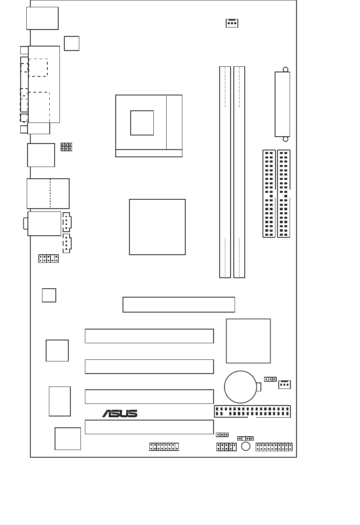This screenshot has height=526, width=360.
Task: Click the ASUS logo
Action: click(120, 413)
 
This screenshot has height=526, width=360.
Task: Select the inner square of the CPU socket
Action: click(142, 123)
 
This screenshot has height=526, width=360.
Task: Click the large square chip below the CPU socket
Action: click(157, 227)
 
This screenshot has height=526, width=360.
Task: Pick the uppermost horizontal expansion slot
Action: click(178, 304)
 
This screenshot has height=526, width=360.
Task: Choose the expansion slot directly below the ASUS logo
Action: click(149, 427)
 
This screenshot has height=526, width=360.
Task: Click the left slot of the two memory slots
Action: click(225, 172)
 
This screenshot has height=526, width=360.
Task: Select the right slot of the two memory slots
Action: click(239, 172)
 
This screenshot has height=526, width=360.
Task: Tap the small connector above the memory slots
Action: click(232, 23)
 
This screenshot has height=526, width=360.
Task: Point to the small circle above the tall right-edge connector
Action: click(286, 70)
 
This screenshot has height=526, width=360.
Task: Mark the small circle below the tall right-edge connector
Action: click(286, 139)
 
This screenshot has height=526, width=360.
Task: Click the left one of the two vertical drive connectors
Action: click(269, 194)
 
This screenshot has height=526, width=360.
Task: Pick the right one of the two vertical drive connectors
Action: click(284, 194)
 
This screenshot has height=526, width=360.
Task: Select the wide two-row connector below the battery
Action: click(252, 412)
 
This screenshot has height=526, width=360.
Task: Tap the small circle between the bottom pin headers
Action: click(246, 446)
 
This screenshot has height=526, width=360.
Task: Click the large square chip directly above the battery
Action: click(248, 341)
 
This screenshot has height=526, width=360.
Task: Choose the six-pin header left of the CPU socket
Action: click(66, 147)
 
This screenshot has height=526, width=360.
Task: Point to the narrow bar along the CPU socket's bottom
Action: click(148, 153)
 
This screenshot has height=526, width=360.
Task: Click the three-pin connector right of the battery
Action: click(285, 384)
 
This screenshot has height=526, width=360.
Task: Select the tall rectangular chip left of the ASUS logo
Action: click(59, 401)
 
